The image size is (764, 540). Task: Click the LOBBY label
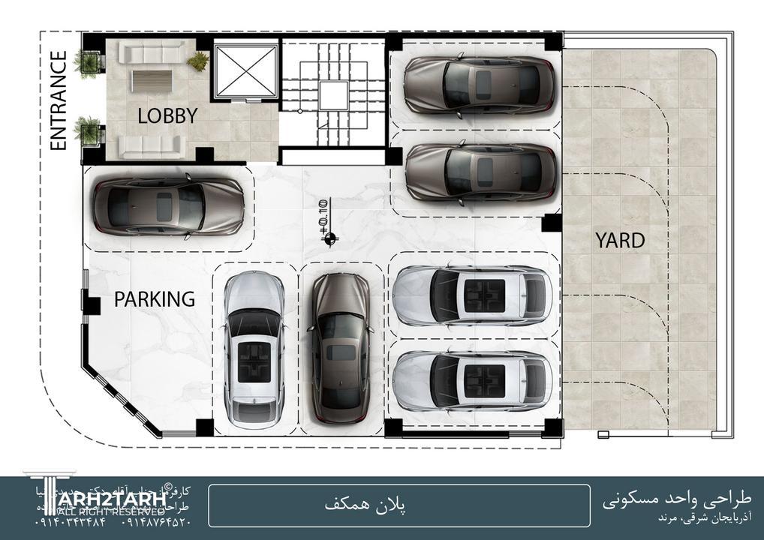click(x=167, y=115)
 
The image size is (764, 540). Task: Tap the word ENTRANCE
click(x=59, y=100)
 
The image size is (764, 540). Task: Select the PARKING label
click(x=155, y=299)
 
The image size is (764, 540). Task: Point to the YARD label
click(x=620, y=241)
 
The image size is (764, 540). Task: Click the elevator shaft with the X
click(x=246, y=71)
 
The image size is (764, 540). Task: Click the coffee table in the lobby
click(x=152, y=80)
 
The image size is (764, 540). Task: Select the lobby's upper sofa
click(x=152, y=52)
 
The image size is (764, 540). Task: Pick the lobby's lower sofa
click(x=152, y=145)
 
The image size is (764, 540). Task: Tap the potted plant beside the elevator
click(x=198, y=61)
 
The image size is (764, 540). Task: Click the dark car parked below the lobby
click(x=168, y=205)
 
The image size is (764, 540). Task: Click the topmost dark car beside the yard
click(x=480, y=84)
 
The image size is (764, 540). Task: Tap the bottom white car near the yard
click(x=472, y=380)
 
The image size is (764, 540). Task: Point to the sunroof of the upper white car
click(x=484, y=295)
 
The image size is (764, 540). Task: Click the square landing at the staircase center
click(x=333, y=95)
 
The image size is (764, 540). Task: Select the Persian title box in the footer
click(x=399, y=505)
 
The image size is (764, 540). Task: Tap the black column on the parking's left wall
click(x=92, y=306)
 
